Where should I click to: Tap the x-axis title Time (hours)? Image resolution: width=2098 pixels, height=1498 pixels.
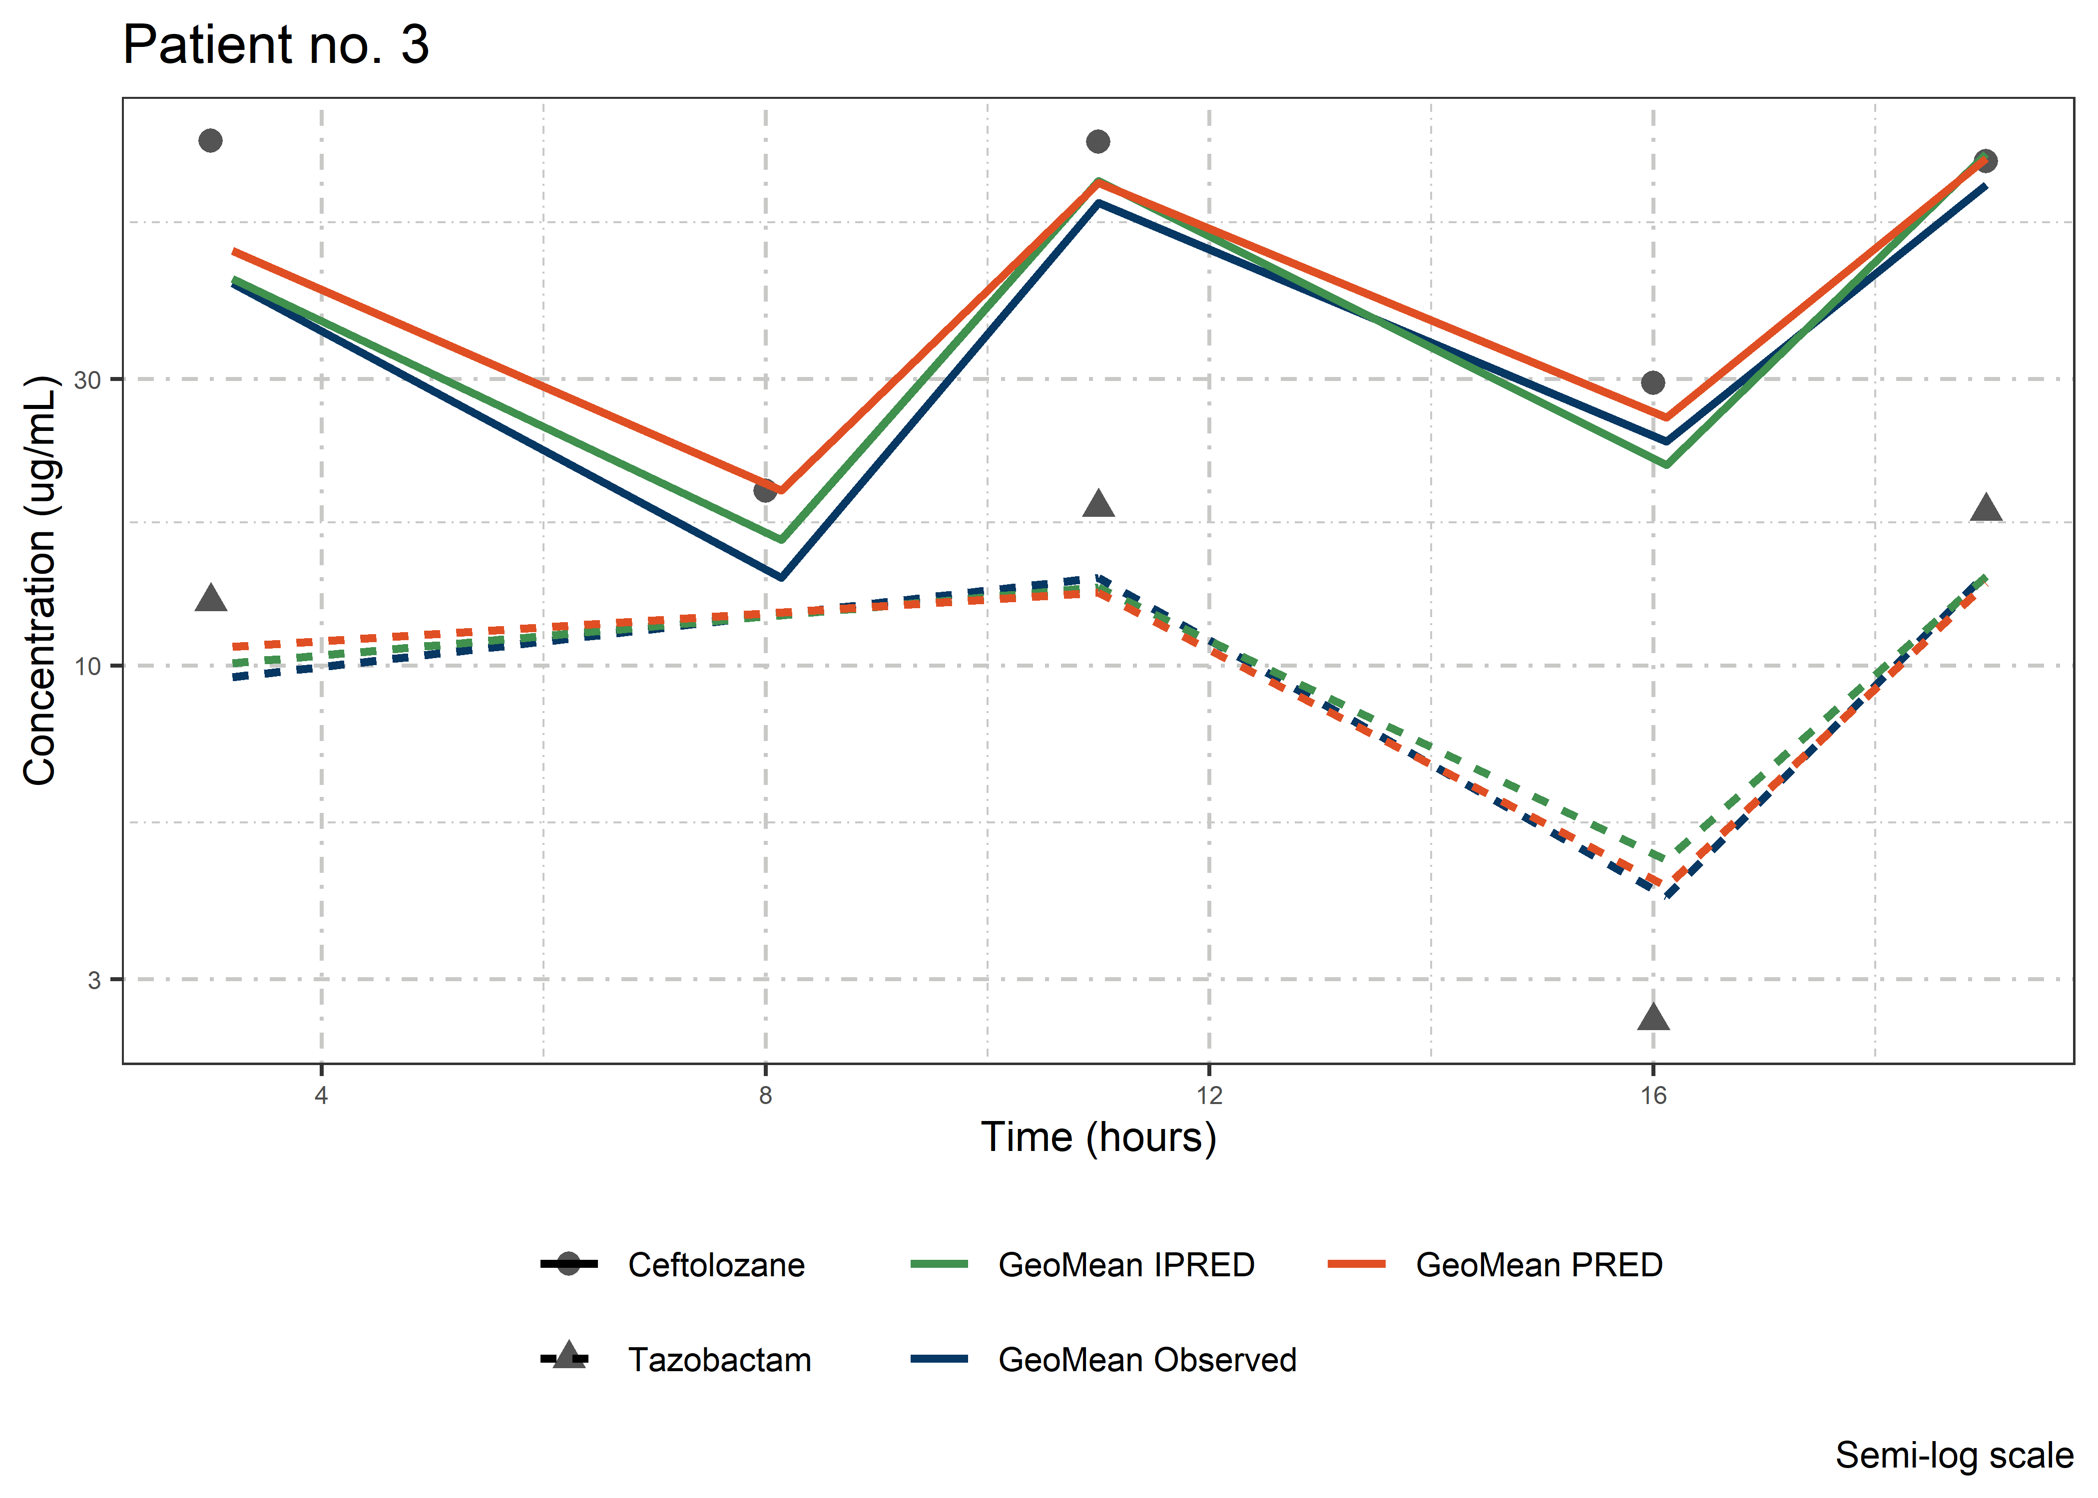(x=1098, y=1137)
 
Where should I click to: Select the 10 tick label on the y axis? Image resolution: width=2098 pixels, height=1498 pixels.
(x=87, y=666)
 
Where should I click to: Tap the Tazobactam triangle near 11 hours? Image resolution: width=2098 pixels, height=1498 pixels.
(x=1098, y=504)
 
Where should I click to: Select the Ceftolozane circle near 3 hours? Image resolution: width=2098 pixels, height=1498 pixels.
(x=210, y=140)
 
